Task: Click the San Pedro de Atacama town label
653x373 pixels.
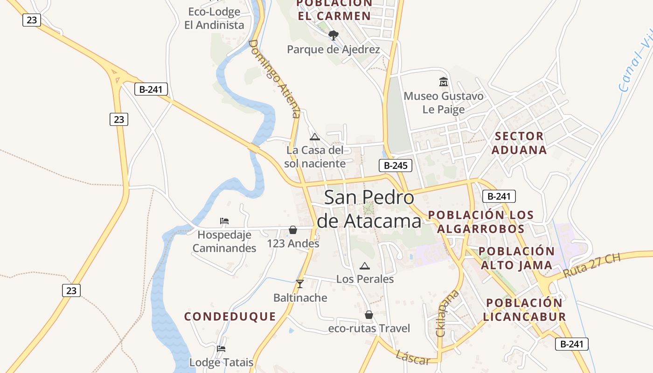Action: [368, 209]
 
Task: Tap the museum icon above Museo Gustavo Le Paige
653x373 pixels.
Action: [443, 82]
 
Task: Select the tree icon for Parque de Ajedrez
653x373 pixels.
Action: [333, 35]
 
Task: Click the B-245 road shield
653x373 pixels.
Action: [395, 165]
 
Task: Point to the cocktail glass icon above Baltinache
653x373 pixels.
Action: [299, 284]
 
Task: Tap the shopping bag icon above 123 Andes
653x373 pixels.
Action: [293, 230]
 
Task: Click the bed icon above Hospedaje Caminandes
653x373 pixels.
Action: [224, 221]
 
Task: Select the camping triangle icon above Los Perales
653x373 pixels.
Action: [365, 266]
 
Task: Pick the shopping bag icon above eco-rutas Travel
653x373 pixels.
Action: [369, 315]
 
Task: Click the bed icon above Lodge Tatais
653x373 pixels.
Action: [221, 348]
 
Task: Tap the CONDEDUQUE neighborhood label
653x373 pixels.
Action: [230, 317]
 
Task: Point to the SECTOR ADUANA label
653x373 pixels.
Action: [519, 143]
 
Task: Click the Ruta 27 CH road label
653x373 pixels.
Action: [592, 266]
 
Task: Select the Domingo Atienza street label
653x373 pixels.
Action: [274, 78]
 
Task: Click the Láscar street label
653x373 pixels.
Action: [413, 358]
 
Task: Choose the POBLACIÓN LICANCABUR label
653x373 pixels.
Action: [524, 310]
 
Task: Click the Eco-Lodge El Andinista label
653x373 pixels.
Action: [214, 18]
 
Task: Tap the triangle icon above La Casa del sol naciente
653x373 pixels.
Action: [315, 137]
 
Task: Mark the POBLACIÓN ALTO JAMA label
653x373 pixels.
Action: [516, 258]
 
